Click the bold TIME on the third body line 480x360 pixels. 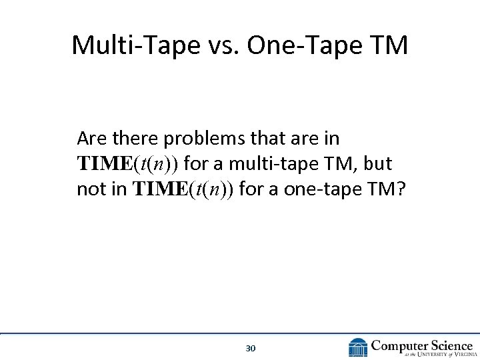pyautogui.click(x=160, y=189)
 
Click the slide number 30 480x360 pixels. pyautogui.click(x=251, y=348)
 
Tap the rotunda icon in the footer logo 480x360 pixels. pyautogui.click(x=358, y=347)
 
